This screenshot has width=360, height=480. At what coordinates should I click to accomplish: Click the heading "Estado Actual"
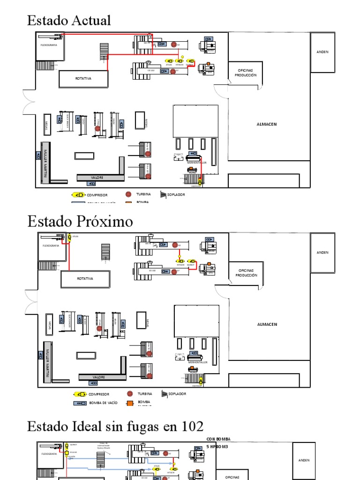[69, 21]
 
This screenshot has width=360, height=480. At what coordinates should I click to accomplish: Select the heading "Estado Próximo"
[80, 221]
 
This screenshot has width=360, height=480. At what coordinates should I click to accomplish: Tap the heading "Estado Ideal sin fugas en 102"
[115, 426]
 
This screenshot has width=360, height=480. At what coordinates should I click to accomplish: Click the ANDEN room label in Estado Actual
[322, 52]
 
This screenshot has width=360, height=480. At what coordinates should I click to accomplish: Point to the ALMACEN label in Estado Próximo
[267, 324]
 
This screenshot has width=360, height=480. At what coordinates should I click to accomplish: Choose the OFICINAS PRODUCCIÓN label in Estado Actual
[246, 73]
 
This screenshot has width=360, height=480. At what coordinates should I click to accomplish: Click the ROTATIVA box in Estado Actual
[83, 78]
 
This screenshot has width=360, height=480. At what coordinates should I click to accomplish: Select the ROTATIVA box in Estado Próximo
[85, 278]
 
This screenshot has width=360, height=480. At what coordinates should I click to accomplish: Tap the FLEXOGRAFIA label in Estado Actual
[48, 45]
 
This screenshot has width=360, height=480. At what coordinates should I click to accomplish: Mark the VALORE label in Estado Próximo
[99, 377]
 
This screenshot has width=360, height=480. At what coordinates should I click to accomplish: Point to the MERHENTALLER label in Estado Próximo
[197, 362]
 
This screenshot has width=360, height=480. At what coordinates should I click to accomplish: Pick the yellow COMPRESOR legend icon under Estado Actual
[78, 195]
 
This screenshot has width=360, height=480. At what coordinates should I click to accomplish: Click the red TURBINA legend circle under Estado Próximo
[129, 394]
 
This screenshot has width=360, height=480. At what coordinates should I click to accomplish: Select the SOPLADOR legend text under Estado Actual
[177, 195]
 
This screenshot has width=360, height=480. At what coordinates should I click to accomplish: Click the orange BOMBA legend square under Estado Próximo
[129, 403]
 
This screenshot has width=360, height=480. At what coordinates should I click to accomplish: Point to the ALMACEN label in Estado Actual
[267, 124]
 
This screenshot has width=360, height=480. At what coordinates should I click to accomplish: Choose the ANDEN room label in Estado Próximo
[322, 252]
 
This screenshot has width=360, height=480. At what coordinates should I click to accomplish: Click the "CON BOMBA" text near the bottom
[218, 439]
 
